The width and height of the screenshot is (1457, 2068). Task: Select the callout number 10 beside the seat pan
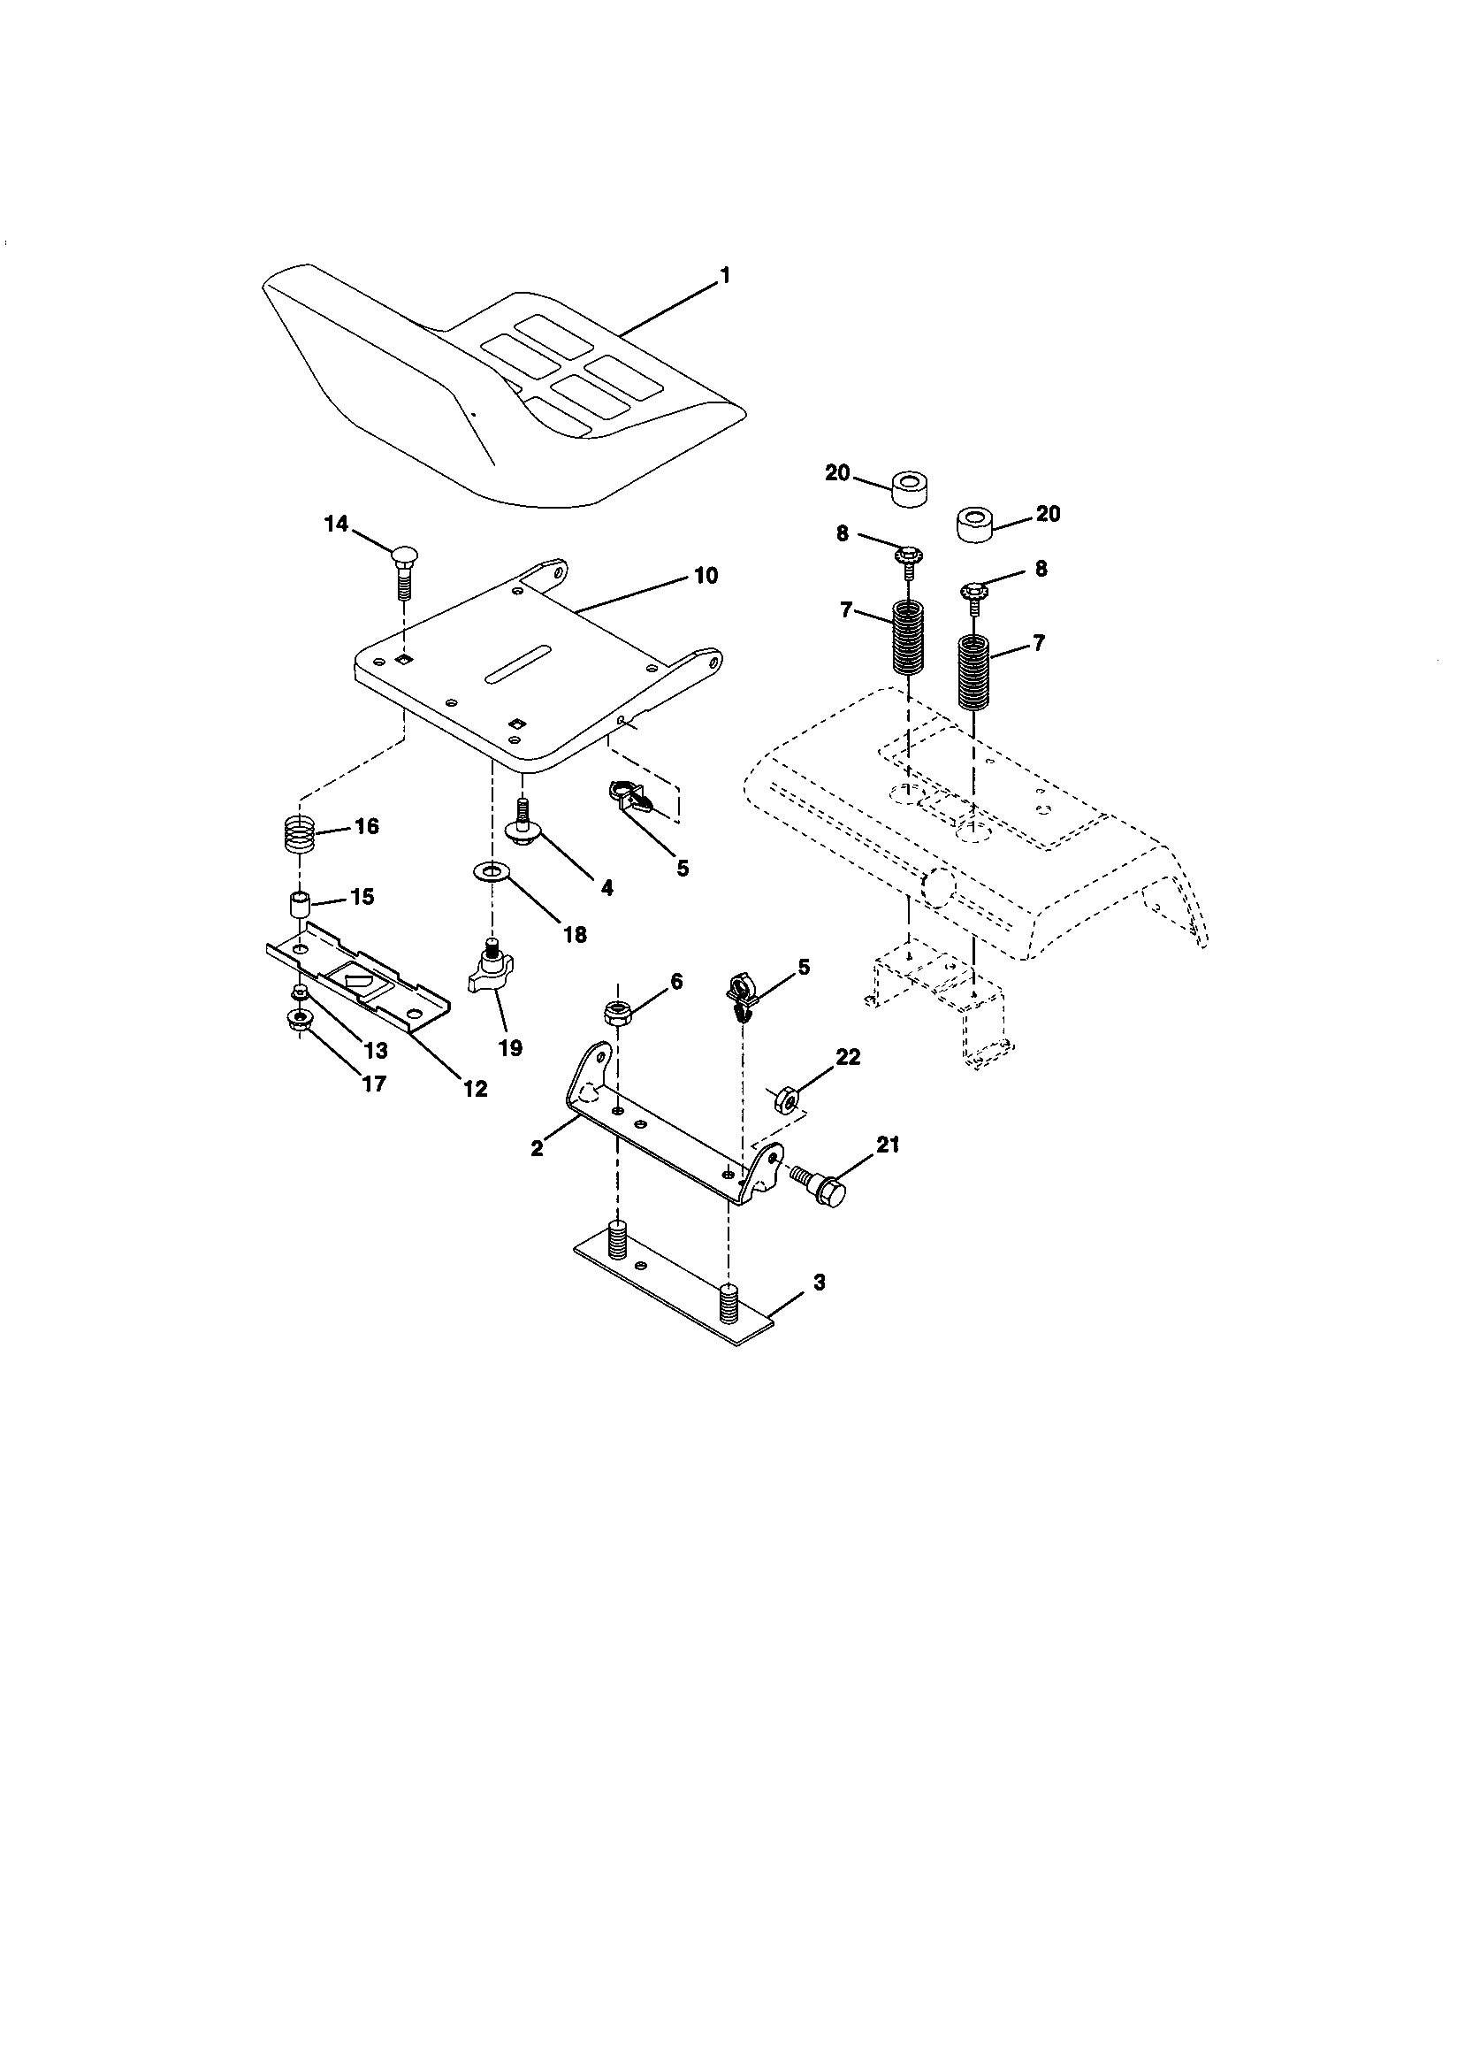pyautogui.click(x=706, y=576)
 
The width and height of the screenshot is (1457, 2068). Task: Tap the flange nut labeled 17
pyautogui.click(x=296, y=1021)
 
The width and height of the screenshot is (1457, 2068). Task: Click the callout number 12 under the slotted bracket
pyautogui.click(x=475, y=1088)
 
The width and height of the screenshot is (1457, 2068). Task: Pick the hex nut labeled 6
pyautogui.click(x=617, y=1014)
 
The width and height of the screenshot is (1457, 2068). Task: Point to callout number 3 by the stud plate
pyautogui.click(x=818, y=1283)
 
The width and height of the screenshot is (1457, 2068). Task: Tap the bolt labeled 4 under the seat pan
pyautogui.click(x=523, y=821)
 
